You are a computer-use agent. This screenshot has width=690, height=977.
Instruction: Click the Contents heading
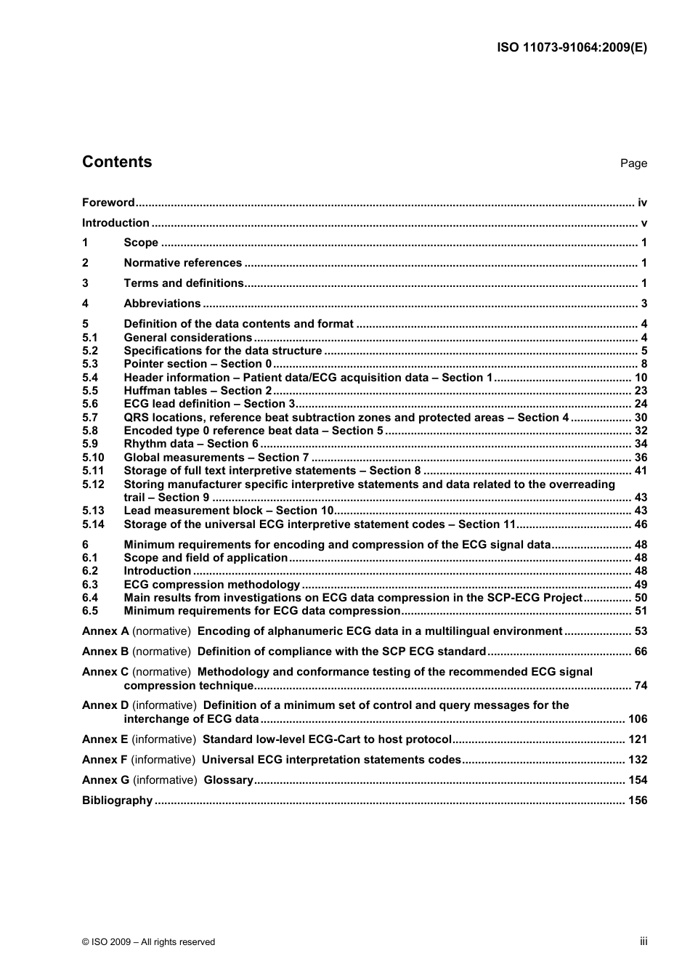[x=117, y=162]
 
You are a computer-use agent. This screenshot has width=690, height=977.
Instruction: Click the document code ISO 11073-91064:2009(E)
[x=572, y=47]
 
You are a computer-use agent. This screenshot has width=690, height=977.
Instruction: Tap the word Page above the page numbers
[x=633, y=163]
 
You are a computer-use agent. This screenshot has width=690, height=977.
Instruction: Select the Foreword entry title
[x=108, y=203]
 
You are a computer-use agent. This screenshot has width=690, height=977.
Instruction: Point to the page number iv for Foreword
[x=642, y=203]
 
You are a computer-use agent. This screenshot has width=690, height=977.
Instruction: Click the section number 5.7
[x=89, y=418]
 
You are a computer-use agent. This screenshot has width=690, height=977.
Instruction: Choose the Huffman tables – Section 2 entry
[x=198, y=391]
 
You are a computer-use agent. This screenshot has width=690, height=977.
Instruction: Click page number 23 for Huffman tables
[x=641, y=391]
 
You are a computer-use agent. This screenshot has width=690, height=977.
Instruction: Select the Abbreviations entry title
[x=162, y=304]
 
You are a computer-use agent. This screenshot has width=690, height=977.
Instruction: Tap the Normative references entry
[x=182, y=263]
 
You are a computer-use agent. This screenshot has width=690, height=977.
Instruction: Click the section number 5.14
[x=93, y=524]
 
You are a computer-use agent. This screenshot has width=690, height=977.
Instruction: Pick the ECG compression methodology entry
[x=211, y=585]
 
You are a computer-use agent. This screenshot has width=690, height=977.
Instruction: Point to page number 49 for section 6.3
[x=641, y=585]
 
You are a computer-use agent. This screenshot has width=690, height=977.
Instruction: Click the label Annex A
[x=105, y=631]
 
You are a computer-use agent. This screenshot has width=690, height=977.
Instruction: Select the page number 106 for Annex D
[x=638, y=719]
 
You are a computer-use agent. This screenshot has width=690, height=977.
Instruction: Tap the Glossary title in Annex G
[x=228, y=780]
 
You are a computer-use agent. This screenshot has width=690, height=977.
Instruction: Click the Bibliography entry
[x=117, y=800]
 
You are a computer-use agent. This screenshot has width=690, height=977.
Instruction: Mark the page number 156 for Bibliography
[x=638, y=800]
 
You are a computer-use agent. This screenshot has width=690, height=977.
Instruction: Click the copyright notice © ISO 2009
[x=148, y=942]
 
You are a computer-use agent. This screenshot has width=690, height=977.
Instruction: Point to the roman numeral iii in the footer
[x=644, y=941]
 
